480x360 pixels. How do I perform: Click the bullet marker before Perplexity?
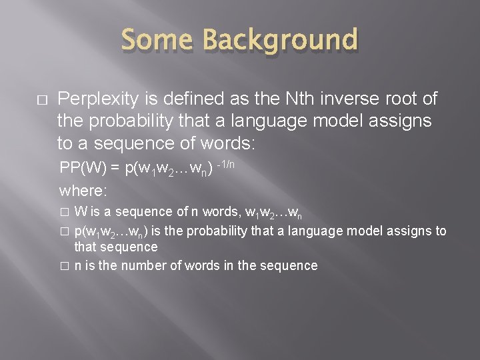pyautogui.click(x=41, y=99)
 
